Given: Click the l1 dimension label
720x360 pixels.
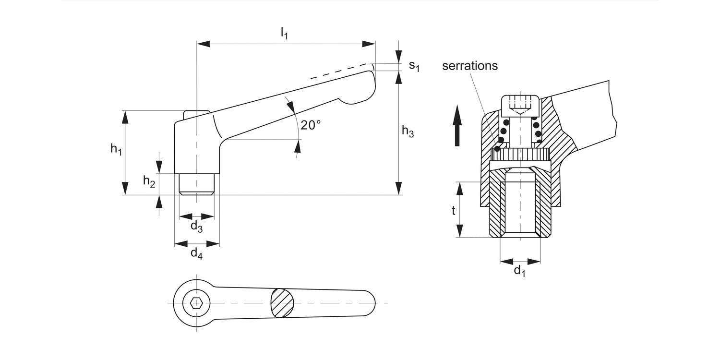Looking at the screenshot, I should pos(284,34).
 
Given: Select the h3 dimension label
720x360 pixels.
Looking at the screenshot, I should pos(408,131).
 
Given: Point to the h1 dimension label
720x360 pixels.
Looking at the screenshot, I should pos(116,149).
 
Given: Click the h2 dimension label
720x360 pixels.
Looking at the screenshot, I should pos(149,181).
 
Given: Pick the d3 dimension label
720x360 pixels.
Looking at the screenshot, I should pos(196,226).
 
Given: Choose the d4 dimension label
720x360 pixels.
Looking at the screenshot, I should pos(196,253).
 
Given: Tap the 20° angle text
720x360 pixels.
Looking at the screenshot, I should pos(311,125).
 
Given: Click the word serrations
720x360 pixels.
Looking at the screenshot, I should pos(470,66).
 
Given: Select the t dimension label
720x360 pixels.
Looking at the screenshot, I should pos(453,210).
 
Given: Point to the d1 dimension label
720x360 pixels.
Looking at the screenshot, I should pos(519,271).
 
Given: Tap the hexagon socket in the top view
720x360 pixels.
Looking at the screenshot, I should pos(196,303).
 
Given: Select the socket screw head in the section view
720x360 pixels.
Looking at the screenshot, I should pos(520,105).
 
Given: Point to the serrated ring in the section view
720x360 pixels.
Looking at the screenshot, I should pos(521,155).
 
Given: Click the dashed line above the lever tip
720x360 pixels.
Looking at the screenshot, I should pos(341,71).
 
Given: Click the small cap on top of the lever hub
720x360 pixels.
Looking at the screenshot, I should pos(197,114).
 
